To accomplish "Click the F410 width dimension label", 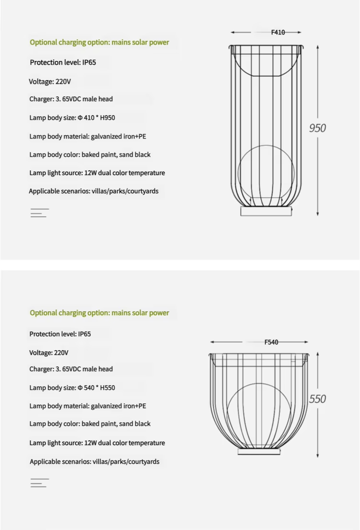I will pyautogui.click(x=278, y=33).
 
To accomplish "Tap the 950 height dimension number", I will pyautogui.click(x=317, y=128).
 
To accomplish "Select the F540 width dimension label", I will pyautogui.click(x=271, y=342).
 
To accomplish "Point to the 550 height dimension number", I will pyautogui.click(x=317, y=399).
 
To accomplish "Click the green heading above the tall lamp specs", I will pyautogui.click(x=99, y=42).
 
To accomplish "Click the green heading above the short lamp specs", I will pyautogui.click(x=99, y=313).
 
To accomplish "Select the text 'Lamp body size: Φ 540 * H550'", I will pyautogui.click(x=72, y=388).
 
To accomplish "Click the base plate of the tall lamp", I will pyautogui.click(x=266, y=211).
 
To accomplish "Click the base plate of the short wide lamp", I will pyautogui.click(x=259, y=452).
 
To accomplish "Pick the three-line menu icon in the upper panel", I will pyautogui.click(x=39, y=213).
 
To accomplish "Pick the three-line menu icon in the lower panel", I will pyautogui.click(x=39, y=483).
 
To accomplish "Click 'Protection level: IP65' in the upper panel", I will pyautogui.click(x=63, y=62).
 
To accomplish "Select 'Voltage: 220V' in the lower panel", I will pyautogui.click(x=49, y=353).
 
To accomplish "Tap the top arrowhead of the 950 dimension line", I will pyautogui.click(x=318, y=47).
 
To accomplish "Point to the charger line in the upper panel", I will pyautogui.click(x=71, y=99).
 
